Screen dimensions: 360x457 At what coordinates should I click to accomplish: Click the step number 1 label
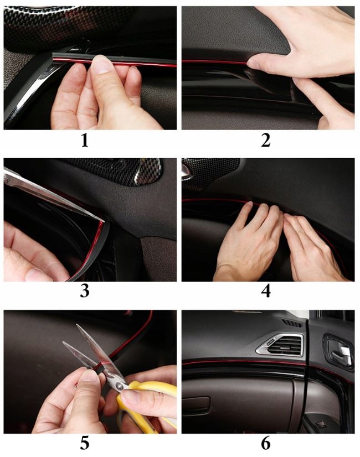(85, 141)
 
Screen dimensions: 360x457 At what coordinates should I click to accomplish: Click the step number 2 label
(266, 141)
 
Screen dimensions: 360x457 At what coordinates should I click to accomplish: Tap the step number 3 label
(85, 291)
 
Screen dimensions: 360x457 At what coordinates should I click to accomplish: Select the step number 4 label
(266, 291)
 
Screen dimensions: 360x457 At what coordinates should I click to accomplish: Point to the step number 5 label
(85, 443)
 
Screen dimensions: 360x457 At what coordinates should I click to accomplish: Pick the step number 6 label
(266, 443)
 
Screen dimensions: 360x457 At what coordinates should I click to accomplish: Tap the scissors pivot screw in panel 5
(119, 386)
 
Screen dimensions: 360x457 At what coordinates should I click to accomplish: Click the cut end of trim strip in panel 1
(53, 58)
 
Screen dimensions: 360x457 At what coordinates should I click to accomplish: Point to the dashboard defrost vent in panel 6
(292, 323)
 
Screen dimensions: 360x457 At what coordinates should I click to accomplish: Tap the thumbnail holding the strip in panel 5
(89, 376)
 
